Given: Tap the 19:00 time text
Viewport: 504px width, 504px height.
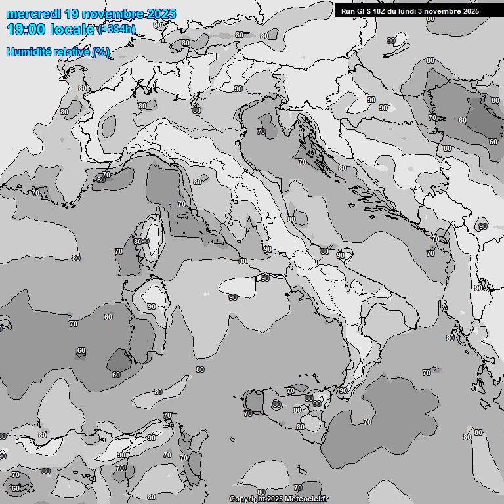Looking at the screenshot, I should [26, 30].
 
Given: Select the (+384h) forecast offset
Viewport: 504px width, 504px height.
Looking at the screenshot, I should [116, 29].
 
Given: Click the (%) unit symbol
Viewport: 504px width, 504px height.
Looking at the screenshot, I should [100, 52].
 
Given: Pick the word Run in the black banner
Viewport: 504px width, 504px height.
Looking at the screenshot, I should [347, 11].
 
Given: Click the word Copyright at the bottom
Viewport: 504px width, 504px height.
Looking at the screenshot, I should [246, 499].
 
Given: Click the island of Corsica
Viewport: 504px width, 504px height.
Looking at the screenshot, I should [152, 240].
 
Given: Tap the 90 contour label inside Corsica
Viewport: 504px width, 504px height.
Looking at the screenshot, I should [145, 241].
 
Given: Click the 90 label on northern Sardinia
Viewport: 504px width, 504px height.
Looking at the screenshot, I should [152, 306].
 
